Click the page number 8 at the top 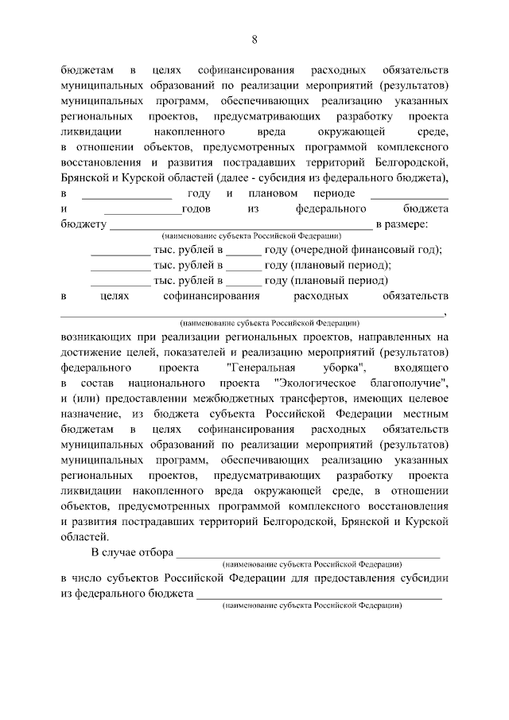pos(254,40)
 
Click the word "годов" pos(198,208)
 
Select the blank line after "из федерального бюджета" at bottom pos(319,595)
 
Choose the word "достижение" pos(92,352)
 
